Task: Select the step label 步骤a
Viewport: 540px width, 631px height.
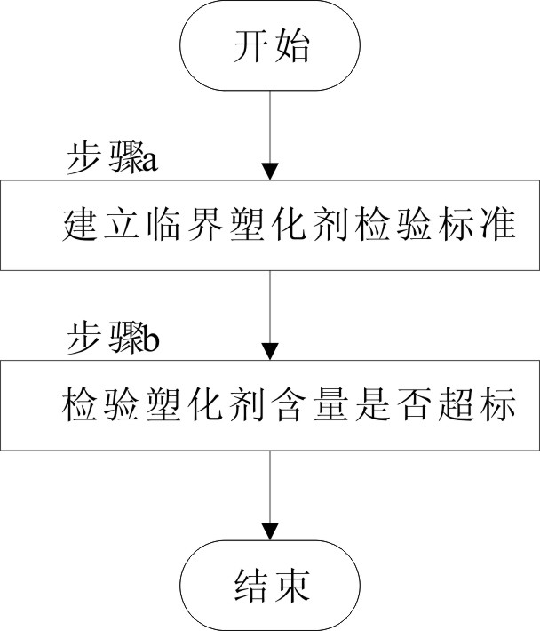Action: click(112, 158)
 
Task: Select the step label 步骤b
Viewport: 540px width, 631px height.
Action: click(113, 339)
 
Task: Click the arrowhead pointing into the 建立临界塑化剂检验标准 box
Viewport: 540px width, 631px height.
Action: click(270, 172)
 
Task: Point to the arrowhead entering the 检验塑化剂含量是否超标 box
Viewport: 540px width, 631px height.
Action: click(270, 352)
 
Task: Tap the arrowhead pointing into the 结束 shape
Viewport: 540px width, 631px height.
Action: click(270, 532)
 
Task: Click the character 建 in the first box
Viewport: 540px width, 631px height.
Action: click(80, 224)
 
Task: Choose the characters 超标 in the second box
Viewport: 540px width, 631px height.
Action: click(477, 404)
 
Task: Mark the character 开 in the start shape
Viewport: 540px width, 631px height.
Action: click(250, 45)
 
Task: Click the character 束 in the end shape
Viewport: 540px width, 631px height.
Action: click(291, 586)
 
